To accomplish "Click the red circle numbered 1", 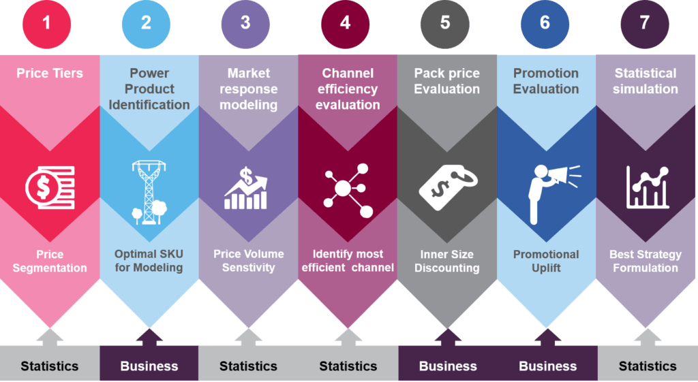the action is (x=47, y=24).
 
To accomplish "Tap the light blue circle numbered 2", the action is (x=146, y=24).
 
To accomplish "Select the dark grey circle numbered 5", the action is (x=444, y=24).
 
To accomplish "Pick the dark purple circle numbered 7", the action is (x=645, y=24).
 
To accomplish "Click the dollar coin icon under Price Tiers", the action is (x=50, y=187).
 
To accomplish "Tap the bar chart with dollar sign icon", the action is (x=245, y=188).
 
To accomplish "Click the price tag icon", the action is (x=447, y=187).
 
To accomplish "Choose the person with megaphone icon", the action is (x=554, y=194).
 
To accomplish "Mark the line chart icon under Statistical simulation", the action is (x=648, y=187).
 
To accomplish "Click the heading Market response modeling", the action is (x=248, y=89).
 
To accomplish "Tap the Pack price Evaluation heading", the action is (x=447, y=81).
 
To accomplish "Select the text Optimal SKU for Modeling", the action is (x=149, y=261).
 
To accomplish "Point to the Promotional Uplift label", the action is (x=546, y=261).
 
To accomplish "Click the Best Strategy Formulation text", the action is (x=646, y=261).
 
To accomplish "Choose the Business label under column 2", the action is (x=149, y=366).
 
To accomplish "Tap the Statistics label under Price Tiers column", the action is (x=49, y=366).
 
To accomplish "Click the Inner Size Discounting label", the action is (x=447, y=261).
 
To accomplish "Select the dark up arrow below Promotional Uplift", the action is (x=547, y=337).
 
